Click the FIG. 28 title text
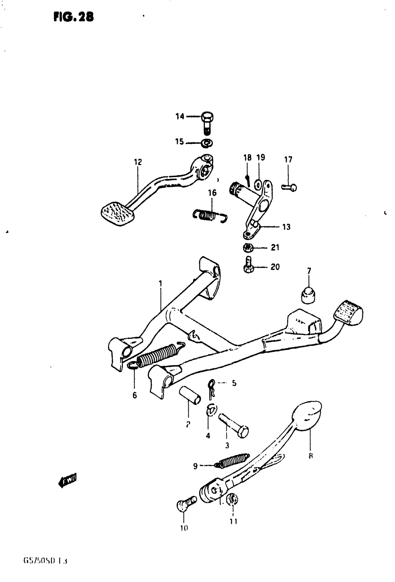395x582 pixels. coord(74,17)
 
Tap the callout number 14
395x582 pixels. coord(180,116)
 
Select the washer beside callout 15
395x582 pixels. coord(207,142)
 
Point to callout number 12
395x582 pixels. coord(138,162)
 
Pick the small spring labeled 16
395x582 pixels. coord(210,215)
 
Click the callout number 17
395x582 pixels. coord(288,160)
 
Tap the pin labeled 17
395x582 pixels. coord(290,187)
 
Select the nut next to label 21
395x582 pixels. coord(248,248)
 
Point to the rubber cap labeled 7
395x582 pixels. coord(308,295)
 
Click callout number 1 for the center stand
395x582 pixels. coord(160,283)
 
